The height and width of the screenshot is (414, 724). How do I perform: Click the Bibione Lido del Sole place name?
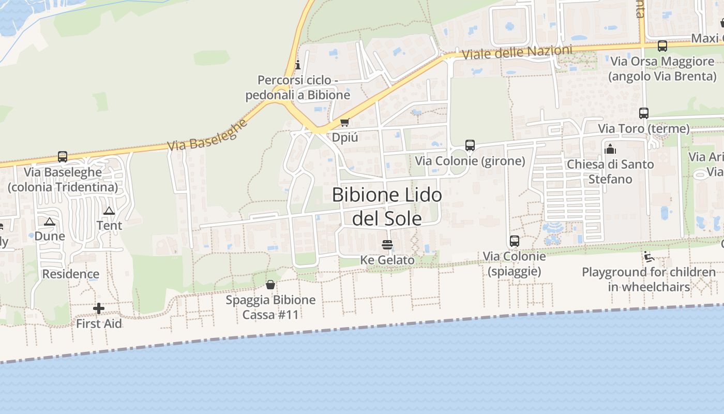point(387,207)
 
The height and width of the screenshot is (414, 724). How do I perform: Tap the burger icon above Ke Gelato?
point(387,245)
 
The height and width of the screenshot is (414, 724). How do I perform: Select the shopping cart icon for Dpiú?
point(344,123)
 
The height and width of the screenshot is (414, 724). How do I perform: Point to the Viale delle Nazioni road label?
point(517,52)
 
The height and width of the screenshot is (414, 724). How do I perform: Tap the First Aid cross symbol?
point(99,309)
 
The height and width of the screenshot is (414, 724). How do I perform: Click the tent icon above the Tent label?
point(109,211)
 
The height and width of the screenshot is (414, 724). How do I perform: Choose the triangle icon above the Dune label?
point(50,222)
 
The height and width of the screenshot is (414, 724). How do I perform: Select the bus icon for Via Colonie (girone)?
point(470,145)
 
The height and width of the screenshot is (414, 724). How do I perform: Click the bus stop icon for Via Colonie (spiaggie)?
point(514,241)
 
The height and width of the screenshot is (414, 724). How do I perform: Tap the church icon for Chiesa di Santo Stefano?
point(610,149)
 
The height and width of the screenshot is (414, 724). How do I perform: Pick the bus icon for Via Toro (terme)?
point(644,113)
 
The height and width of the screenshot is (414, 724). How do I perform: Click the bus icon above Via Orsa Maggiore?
point(662,46)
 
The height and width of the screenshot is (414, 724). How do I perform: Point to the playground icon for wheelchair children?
point(649,257)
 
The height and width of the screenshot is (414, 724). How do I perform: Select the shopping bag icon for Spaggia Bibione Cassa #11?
point(270,285)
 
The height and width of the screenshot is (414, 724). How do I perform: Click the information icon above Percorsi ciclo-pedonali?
point(297,65)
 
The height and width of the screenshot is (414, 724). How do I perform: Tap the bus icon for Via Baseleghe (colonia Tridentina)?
point(63,157)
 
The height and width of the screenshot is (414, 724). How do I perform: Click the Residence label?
point(71,274)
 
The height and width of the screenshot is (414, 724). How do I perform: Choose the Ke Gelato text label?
point(387,260)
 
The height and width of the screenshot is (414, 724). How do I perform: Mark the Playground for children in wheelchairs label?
point(649,279)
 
